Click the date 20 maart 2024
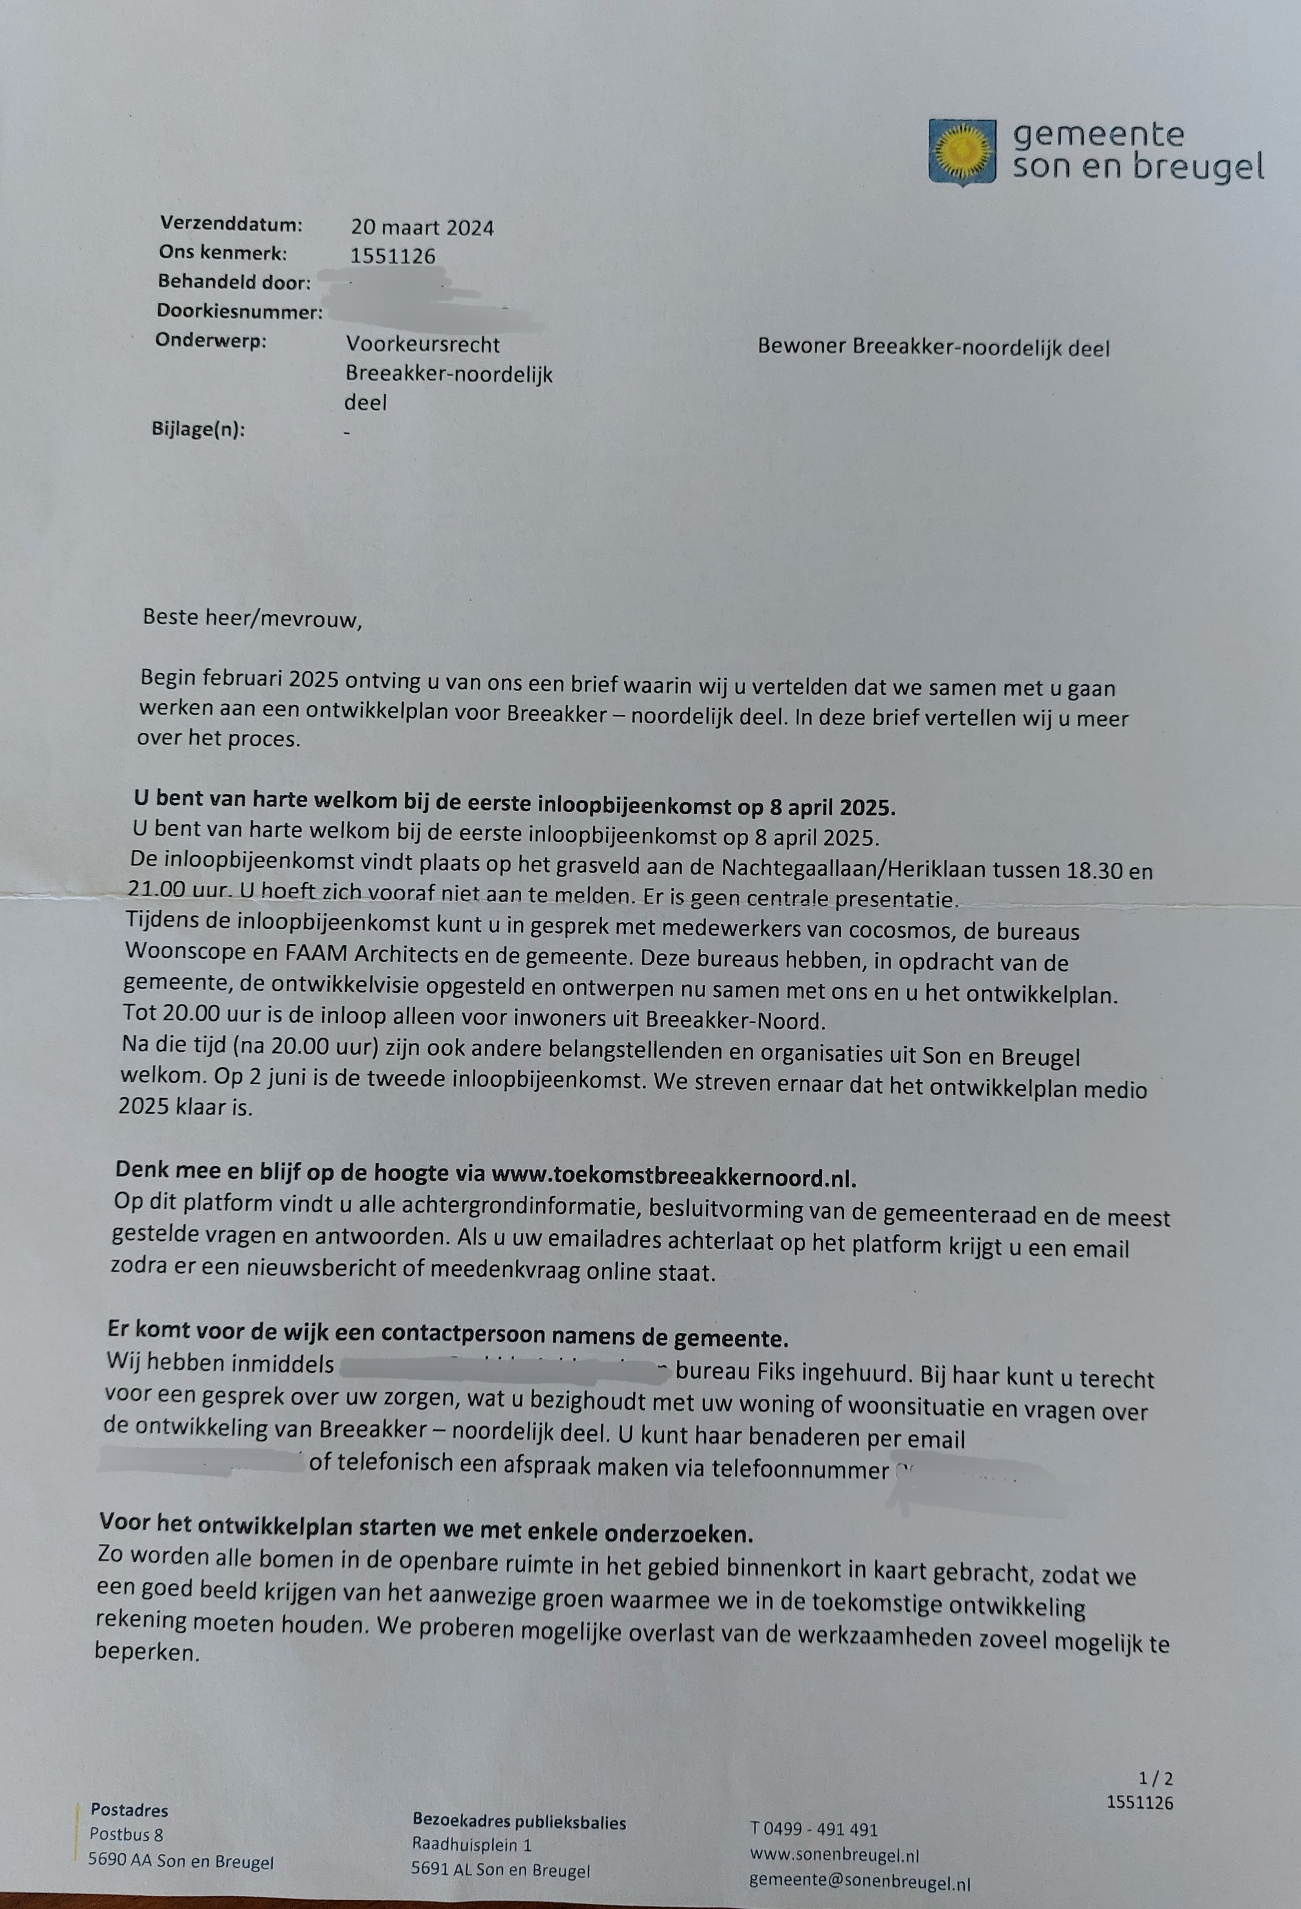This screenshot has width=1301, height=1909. pos(422,228)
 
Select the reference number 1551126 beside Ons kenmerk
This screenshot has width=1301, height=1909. pos(393,256)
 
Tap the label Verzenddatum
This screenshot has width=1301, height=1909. pos(231,223)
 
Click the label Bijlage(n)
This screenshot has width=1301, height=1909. pos(198,429)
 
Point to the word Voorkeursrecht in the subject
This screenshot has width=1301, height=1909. pos(422,344)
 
